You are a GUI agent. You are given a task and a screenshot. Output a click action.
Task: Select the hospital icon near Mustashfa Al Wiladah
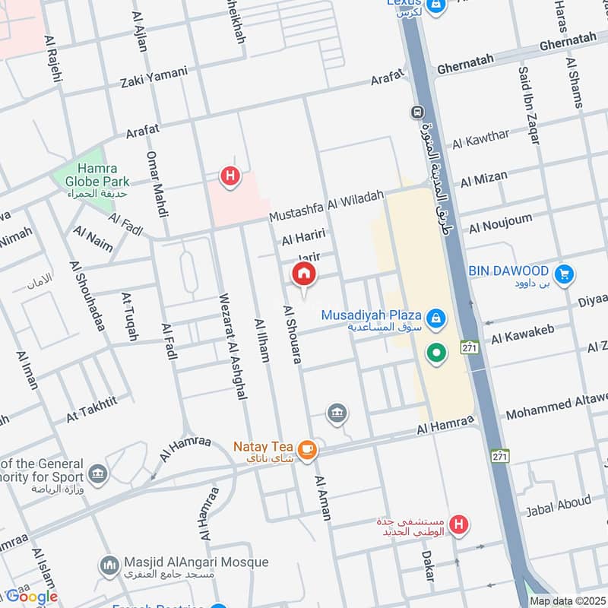(230, 177)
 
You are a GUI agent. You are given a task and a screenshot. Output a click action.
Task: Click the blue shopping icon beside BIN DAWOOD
(563, 274)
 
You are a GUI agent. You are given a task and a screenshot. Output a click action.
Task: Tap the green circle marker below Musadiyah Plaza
(435, 353)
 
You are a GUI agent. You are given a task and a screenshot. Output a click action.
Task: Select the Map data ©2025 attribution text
(566, 601)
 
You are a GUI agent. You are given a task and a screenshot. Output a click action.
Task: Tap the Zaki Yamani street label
(154, 77)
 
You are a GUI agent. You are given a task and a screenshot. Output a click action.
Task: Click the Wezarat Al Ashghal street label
(232, 346)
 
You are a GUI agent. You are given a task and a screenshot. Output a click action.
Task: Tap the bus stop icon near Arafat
(417, 112)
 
